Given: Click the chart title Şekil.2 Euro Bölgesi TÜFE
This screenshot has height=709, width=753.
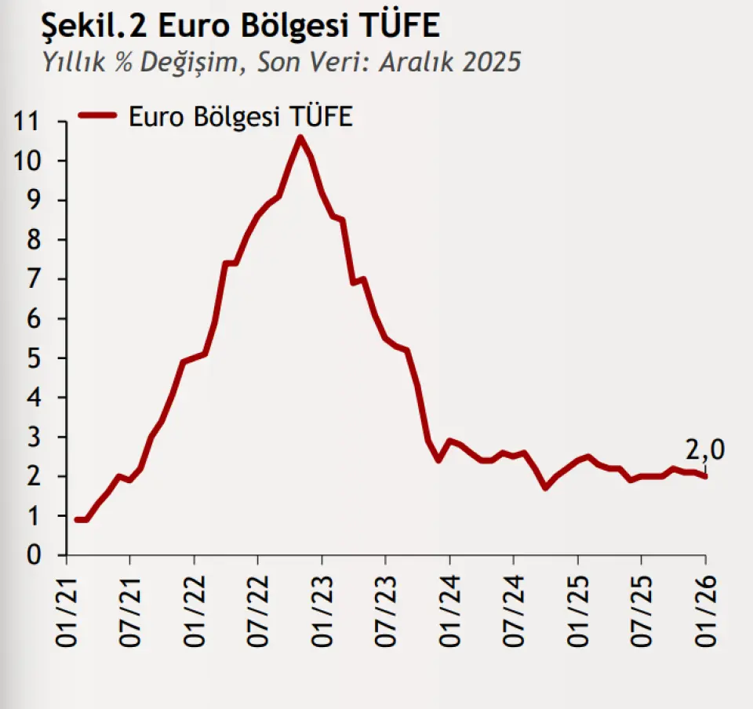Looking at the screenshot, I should pos(240,26).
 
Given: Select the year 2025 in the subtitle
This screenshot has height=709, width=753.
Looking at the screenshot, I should pos(491,63).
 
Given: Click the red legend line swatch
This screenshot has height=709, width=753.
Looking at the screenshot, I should pos(97,116).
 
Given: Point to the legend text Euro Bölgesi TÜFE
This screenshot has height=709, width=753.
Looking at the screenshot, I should pos(241,116).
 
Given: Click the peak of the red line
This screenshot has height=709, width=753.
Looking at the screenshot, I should pos(300,137).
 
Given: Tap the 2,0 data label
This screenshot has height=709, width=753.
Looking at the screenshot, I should pos(704,450).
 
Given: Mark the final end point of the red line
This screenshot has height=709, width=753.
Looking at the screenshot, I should pos(705,476).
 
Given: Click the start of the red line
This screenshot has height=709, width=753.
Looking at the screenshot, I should pos(76,519).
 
